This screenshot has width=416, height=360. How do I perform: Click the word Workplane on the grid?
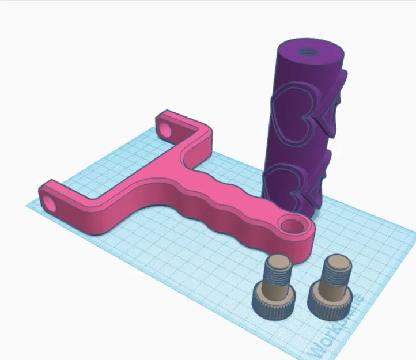(338, 325)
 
